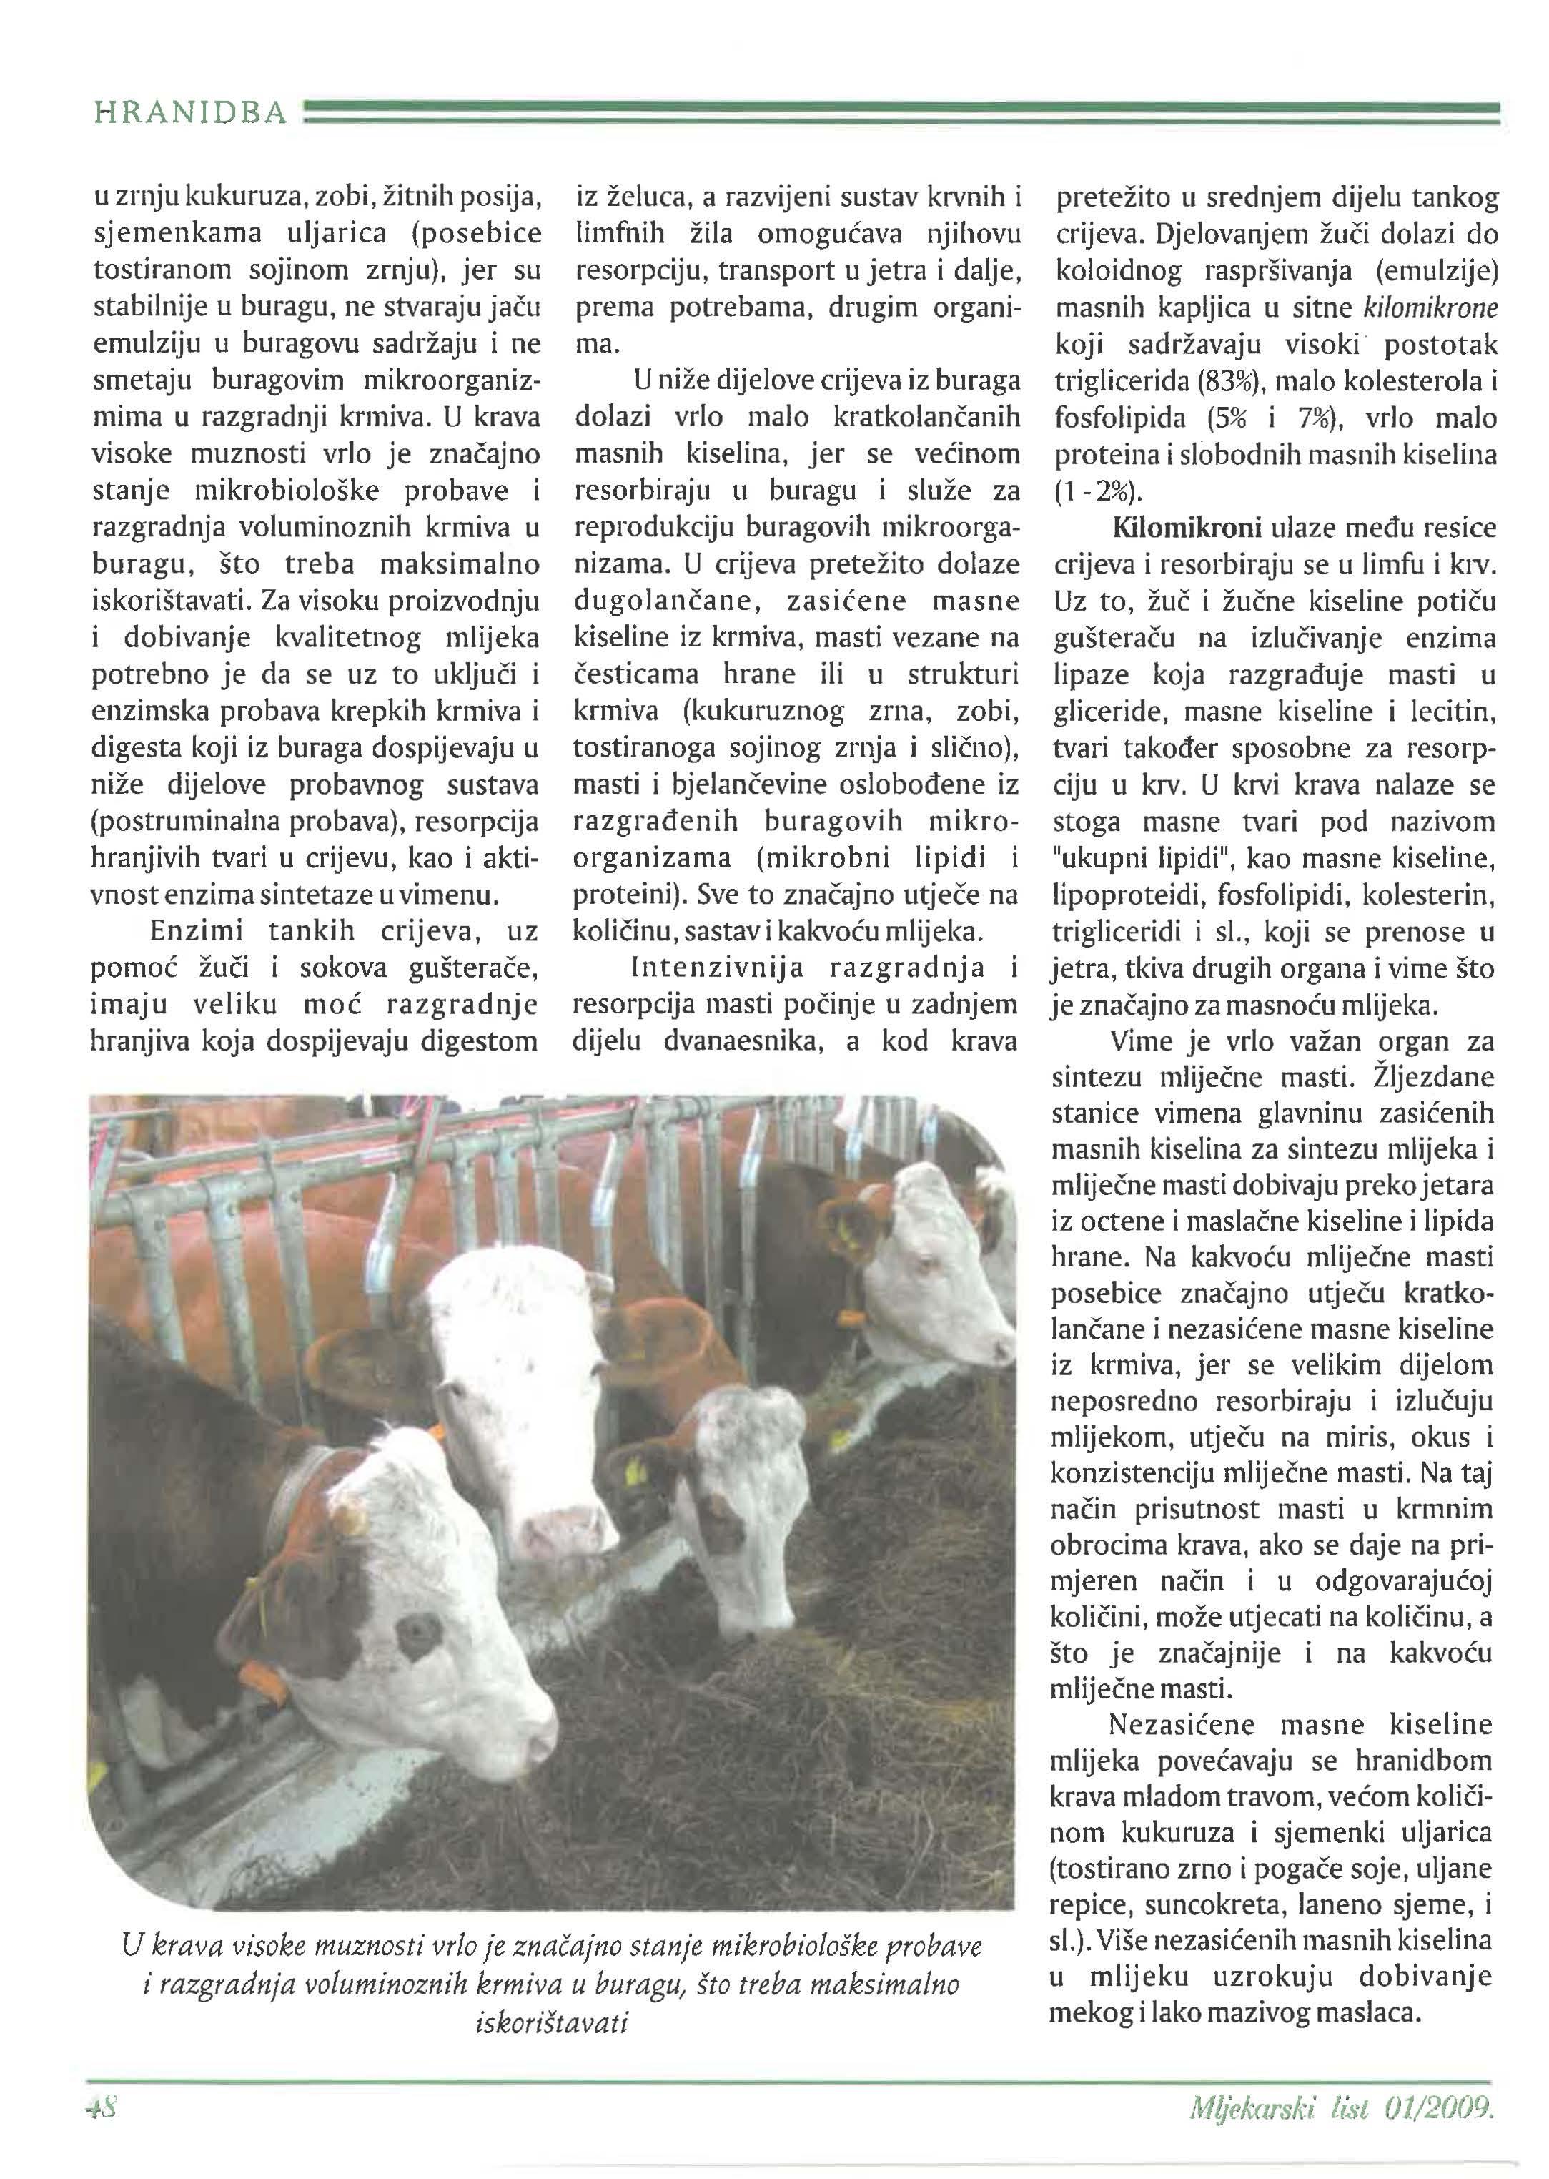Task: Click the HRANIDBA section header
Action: (x=190, y=114)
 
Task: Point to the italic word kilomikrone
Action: (x=1431, y=308)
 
